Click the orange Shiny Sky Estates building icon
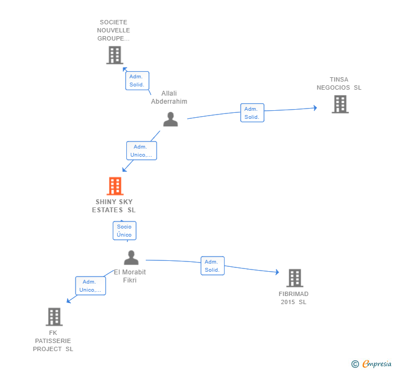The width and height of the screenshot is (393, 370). (115, 186)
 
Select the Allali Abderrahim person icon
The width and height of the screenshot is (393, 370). (171, 119)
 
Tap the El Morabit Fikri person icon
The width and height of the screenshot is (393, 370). (131, 257)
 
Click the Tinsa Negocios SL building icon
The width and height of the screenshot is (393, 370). (340, 104)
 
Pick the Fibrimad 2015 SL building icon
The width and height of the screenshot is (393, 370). (295, 278)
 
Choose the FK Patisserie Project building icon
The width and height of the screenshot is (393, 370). (54, 317)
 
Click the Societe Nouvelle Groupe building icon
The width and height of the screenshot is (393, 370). (114, 55)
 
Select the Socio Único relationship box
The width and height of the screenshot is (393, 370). (125, 231)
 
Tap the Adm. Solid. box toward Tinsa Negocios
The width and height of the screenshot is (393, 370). (252, 113)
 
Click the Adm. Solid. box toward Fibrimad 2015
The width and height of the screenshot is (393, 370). (213, 266)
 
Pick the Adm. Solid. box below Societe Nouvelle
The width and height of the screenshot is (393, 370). (137, 80)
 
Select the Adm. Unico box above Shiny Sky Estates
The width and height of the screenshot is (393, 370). (141, 151)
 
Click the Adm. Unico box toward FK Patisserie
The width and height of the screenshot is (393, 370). (91, 285)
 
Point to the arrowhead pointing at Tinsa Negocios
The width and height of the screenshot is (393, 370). (316, 108)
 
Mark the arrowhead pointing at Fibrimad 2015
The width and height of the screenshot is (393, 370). (277, 272)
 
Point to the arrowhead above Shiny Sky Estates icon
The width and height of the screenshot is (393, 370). (124, 170)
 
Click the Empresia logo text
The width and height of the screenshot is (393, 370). (377, 364)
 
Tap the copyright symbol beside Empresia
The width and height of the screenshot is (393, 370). (355, 364)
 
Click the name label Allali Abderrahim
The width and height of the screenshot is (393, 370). (169, 97)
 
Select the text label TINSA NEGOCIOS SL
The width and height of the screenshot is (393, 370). (339, 84)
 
